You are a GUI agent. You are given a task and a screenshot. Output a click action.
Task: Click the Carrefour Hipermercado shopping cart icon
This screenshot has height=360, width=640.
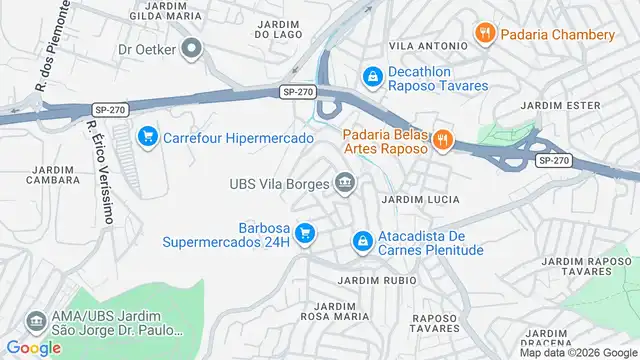(148, 136)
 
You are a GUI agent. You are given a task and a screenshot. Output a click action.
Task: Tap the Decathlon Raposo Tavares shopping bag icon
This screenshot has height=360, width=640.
(372, 76)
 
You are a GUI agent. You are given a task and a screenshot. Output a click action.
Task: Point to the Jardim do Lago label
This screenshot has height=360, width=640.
(278, 29)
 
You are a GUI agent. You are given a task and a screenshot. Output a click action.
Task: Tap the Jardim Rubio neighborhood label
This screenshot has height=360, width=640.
(377, 281)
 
